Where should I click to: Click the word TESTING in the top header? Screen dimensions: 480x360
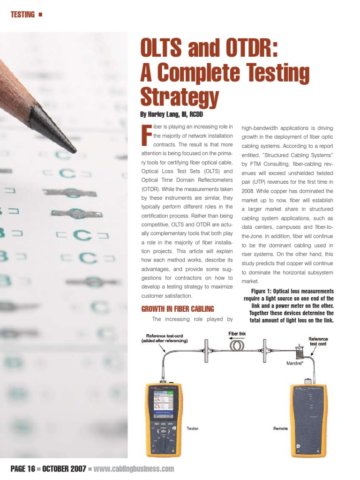(22, 15)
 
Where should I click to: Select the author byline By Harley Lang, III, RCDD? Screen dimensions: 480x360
(171, 114)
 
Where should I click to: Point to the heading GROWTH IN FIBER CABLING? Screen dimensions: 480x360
(177, 309)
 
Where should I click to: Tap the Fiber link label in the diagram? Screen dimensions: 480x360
(237, 334)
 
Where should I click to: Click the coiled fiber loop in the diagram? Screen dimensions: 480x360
(237, 346)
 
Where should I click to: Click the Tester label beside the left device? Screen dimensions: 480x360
(193, 428)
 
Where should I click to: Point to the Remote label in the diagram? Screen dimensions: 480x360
(281, 428)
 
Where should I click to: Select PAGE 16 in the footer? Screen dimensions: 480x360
(22, 469)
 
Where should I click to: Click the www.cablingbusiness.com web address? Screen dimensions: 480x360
(134, 469)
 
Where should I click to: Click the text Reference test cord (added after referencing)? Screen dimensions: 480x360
(167, 338)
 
